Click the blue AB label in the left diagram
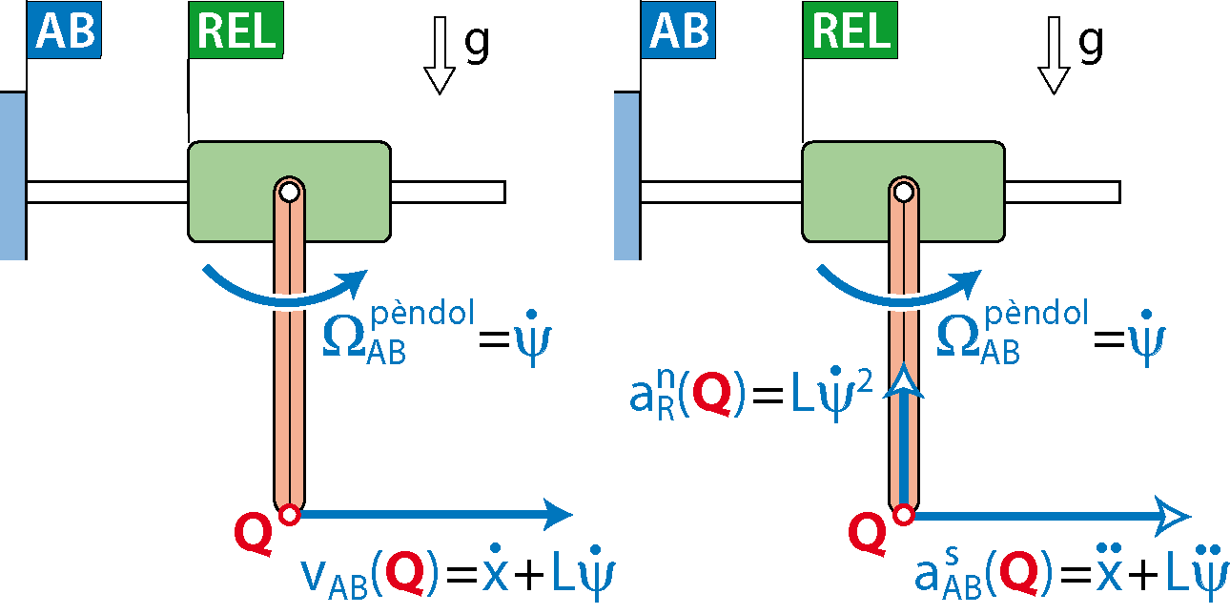pyautogui.click(x=63, y=30)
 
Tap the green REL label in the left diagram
pyautogui.click(x=236, y=30)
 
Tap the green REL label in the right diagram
pyautogui.click(x=850, y=30)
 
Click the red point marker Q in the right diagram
pyautogui.click(x=903, y=515)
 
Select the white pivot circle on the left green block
pyautogui.click(x=290, y=191)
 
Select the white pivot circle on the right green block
pyautogui.click(x=904, y=191)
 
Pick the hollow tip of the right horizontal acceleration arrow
pyautogui.click(x=1185, y=515)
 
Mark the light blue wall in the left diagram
pyautogui.click(x=12, y=175)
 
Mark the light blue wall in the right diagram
pyautogui.click(x=626, y=175)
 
